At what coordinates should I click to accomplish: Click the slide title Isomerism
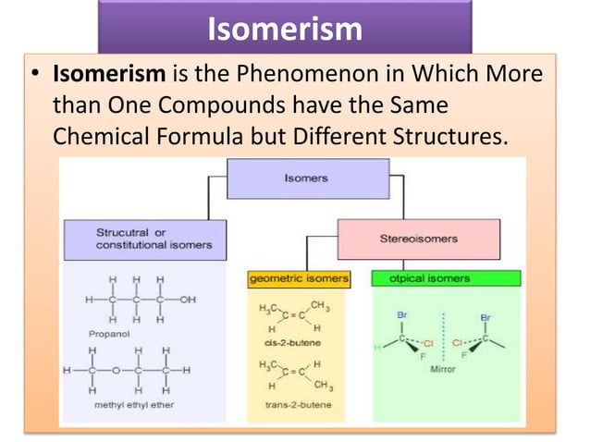click(x=285, y=30)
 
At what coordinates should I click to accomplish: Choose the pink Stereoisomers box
click(x=418, y=238)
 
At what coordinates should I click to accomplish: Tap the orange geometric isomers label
click(x=299, y=277)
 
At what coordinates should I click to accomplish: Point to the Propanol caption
click(x=110, y=329)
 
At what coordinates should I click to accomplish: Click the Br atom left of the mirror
click(x=401, y=315)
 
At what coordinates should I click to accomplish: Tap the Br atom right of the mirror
click(x=486, y=316)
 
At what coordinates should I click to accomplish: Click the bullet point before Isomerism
click(x=34, y=75)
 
